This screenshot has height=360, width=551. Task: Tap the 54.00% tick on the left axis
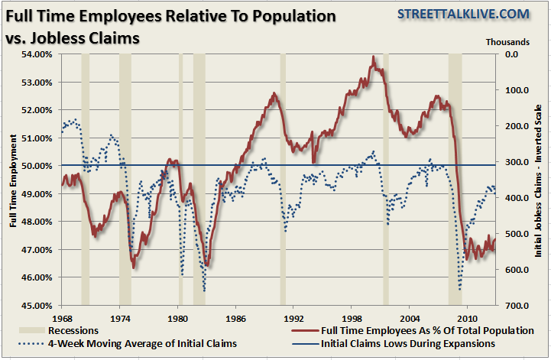(34, 54)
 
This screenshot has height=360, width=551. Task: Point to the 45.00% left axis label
(34, 306)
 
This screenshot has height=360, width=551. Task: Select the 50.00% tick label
(34, 166)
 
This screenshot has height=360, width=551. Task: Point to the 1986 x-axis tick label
(236, 317)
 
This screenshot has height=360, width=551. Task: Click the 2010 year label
(468, 317)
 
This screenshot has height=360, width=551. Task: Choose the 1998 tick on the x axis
(352, 317)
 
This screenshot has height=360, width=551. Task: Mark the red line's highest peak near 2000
(373, 57)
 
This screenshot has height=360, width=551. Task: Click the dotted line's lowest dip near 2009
(460, 289)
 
